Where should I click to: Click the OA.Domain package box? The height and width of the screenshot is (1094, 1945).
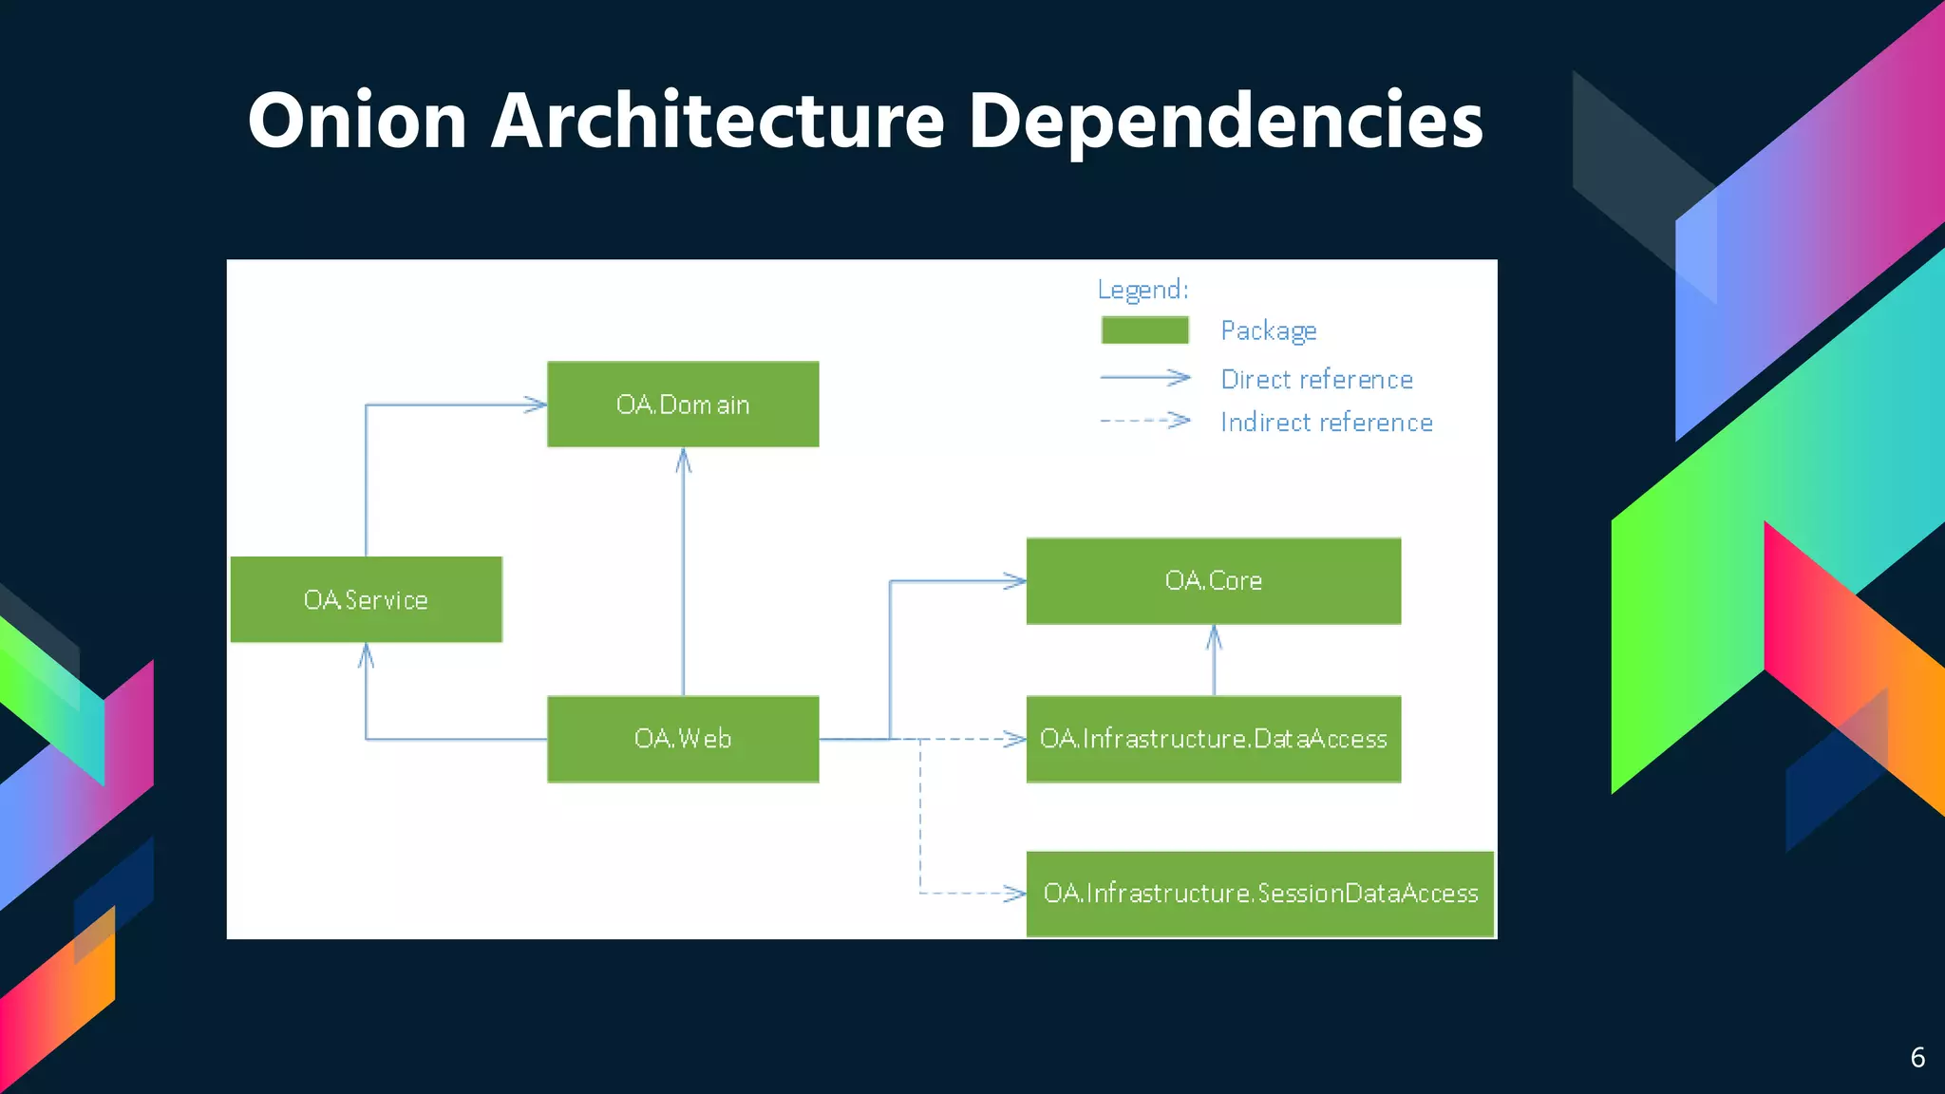(683, 405)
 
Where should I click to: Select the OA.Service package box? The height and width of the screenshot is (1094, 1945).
(366, 600)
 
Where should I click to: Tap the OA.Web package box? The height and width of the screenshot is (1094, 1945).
(683, 739)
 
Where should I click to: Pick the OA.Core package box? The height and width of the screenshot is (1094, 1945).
(1213, 581)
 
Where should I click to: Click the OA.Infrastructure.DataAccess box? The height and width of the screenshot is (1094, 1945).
(1213, 739)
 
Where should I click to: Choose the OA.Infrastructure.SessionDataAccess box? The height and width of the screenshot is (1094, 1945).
(1259, 894)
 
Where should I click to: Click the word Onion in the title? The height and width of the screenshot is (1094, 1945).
(357, 121)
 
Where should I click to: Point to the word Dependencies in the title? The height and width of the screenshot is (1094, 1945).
(1225, 121)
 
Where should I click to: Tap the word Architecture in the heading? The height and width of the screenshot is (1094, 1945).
(717, 121)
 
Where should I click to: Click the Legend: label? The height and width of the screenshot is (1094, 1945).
(1142, 290)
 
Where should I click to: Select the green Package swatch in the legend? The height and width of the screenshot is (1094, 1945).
(1144, 330)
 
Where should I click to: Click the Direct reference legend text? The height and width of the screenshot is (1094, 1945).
(1316, 380)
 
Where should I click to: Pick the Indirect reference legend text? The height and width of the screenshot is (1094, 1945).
(1326, 423)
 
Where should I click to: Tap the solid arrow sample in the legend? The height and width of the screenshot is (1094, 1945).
(1144, 378)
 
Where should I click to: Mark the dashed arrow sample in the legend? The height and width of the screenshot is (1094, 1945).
(1144, 420)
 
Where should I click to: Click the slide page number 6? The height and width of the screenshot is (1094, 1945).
(1917, 1058)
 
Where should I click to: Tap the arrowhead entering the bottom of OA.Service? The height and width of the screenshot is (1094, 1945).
(366, 655)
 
